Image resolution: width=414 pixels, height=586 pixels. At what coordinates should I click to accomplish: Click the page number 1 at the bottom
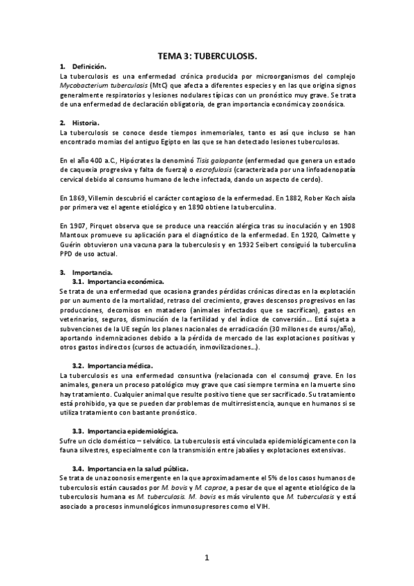point(207,556)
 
